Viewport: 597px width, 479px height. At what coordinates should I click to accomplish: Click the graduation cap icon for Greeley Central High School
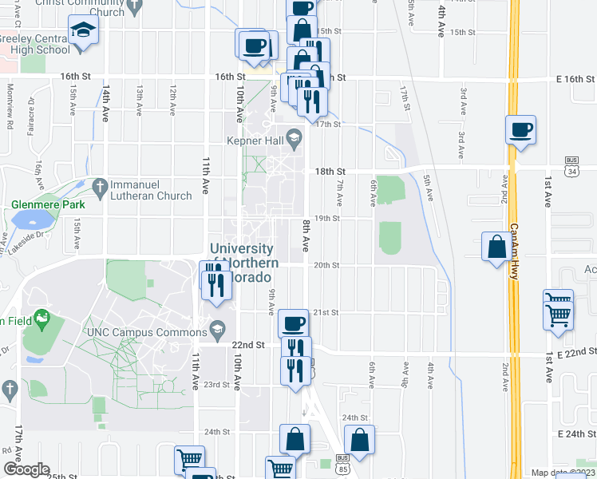(81, 32)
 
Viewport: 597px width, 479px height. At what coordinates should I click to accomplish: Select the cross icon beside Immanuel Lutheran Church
(99, 187)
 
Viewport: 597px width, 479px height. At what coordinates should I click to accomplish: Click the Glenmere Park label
(48, 204)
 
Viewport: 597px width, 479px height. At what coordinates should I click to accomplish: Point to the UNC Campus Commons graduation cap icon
(217, 329)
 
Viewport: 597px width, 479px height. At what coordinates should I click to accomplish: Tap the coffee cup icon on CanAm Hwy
(520, 130)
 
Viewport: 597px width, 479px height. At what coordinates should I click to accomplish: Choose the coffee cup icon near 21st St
(294, 323)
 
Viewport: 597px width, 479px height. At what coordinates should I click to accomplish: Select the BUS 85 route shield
(342, 463)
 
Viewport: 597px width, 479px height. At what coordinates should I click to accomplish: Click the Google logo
(26, 469)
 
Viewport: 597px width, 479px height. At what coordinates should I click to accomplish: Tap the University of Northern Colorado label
(243, 263)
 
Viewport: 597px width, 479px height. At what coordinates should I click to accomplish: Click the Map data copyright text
(562, 473)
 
